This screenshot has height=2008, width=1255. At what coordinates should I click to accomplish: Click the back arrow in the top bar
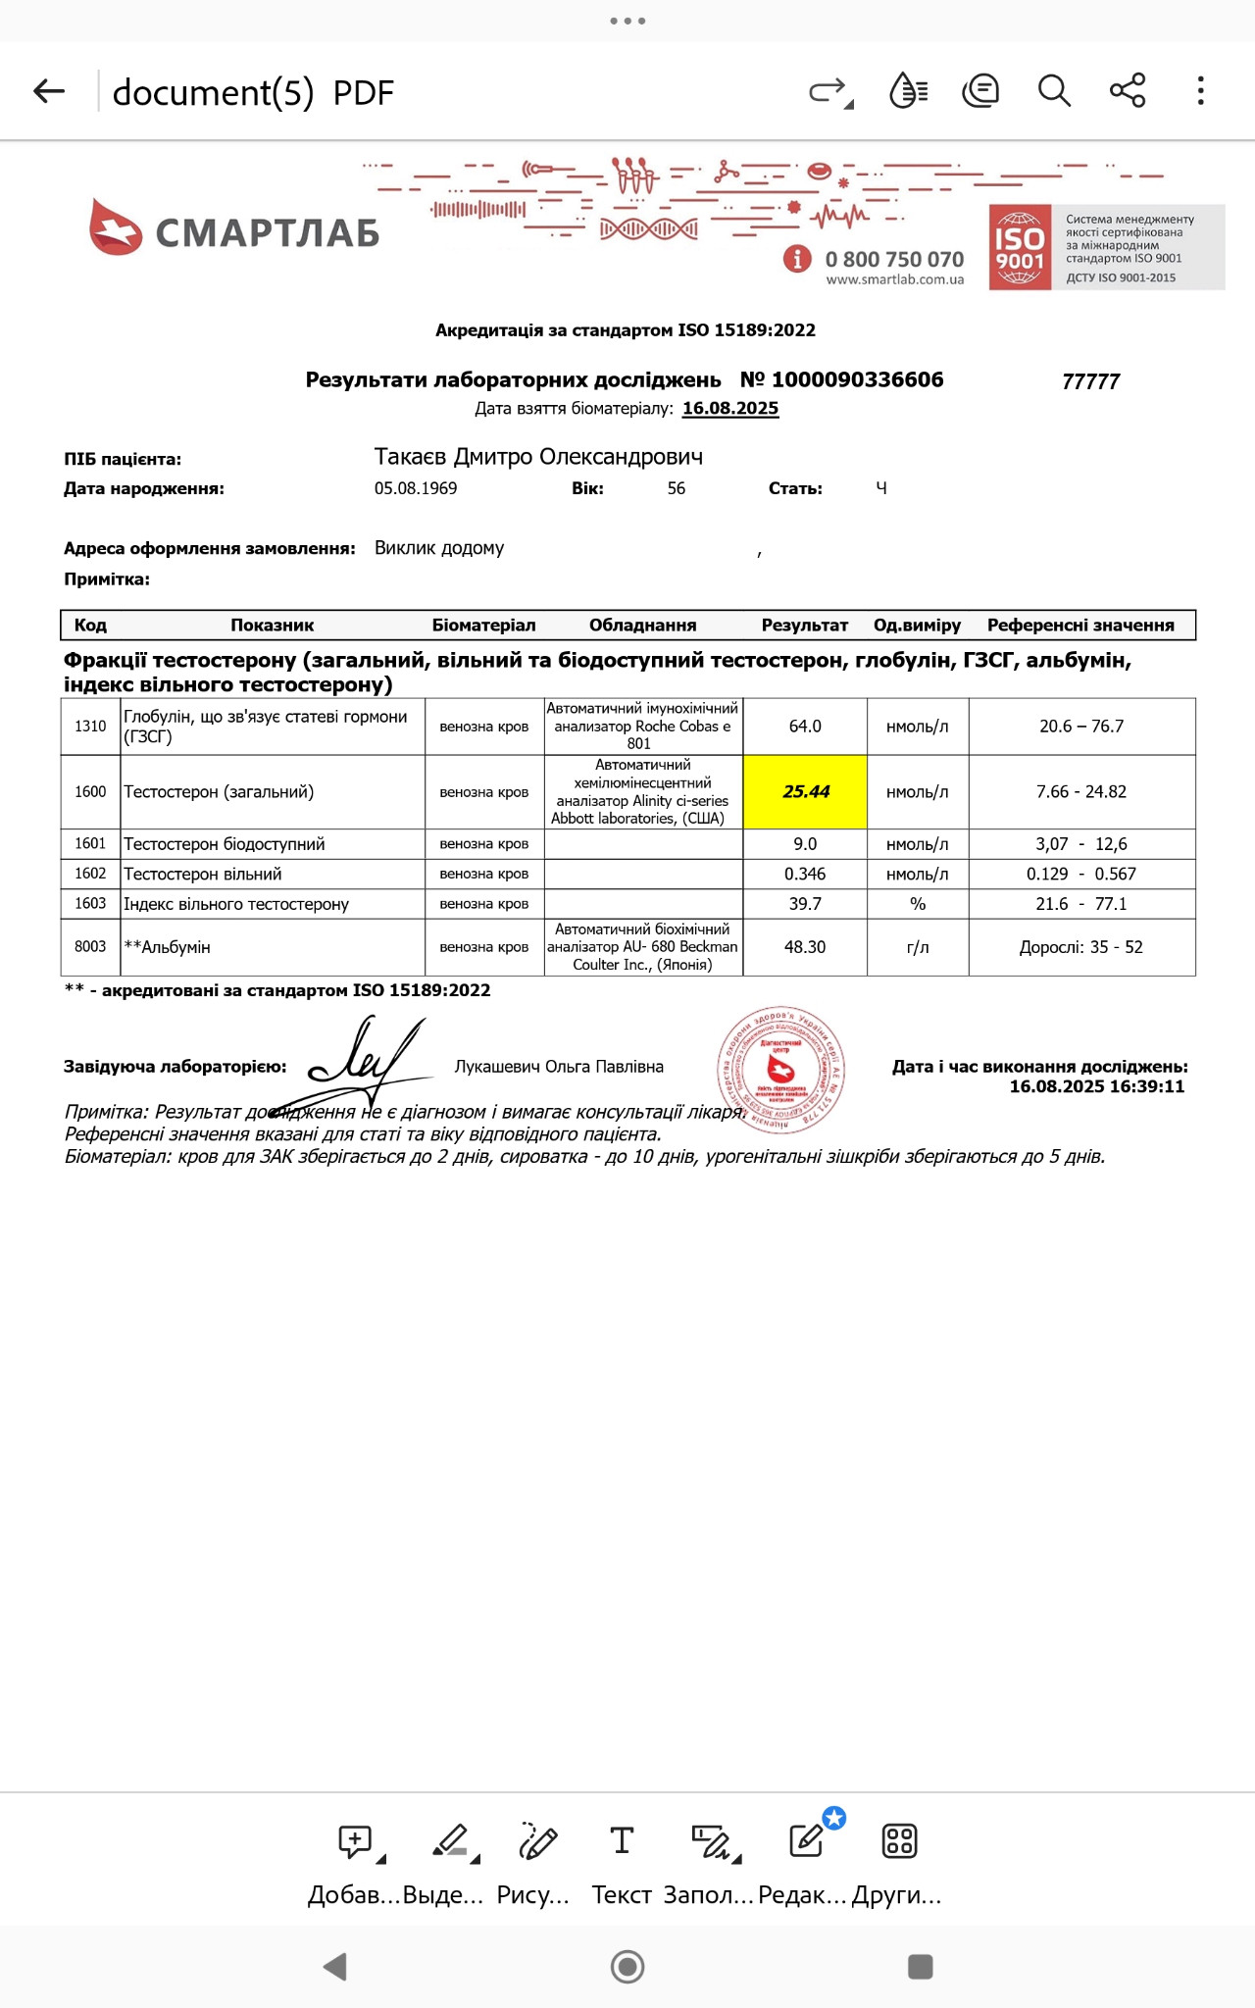tap(49, 92)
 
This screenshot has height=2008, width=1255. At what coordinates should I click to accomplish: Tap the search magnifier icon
tap(1054, 91)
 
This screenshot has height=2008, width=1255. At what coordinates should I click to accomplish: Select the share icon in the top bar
tap(1128, 91)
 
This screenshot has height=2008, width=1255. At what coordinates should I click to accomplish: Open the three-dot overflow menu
tap(1200, 91)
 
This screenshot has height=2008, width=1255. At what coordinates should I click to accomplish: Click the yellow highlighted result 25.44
tap(805, 792)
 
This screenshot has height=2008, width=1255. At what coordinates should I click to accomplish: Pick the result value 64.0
tap(805, 727)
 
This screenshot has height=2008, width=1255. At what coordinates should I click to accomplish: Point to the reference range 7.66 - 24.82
tap(1081, 792)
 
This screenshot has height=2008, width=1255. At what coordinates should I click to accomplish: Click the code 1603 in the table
tap(90, 904)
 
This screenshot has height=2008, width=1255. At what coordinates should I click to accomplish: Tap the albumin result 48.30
tap(805, 947)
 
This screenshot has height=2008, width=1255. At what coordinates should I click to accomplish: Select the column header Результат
tap(804, 626)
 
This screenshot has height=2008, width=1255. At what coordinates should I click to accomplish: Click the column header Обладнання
tap(642, 626)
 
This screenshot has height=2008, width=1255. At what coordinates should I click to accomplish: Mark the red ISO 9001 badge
tap(1020, 248)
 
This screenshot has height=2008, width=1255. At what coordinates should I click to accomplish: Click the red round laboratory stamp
tap(780, 1069)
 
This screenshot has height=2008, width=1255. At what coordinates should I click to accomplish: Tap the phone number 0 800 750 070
tap(894, 260)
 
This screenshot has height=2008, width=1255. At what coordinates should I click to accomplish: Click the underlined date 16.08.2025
tap(730, 409)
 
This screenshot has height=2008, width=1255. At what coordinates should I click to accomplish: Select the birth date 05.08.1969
tap(416, 488)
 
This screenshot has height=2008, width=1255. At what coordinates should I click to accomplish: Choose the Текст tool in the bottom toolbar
tap(622, 1861)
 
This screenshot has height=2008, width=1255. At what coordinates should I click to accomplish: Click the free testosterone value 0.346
tap(805, 875)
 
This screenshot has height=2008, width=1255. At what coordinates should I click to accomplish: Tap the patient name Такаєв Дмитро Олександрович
tap(538, 457)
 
